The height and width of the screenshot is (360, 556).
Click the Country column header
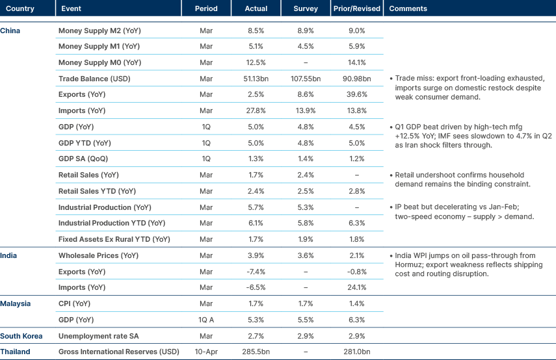tap(20, 9)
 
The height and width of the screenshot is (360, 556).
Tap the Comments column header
tap(408, 9)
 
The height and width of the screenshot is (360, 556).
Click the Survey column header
tap(306, 9)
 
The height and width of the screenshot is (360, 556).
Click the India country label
tap(9, 255)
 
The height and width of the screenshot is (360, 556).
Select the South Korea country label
tap(21, 336)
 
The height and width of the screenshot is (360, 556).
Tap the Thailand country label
tap(16, 352)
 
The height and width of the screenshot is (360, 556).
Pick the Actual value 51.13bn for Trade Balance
tap(256, 79)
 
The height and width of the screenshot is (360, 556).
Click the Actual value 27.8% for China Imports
tap(256, 111)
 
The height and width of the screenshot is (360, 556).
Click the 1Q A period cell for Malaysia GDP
tap(206, 320)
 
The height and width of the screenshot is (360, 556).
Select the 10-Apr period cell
tap(206, 352)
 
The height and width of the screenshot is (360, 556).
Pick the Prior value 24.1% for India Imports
tap(355, 287)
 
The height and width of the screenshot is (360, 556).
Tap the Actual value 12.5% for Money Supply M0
tap(256, 63)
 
